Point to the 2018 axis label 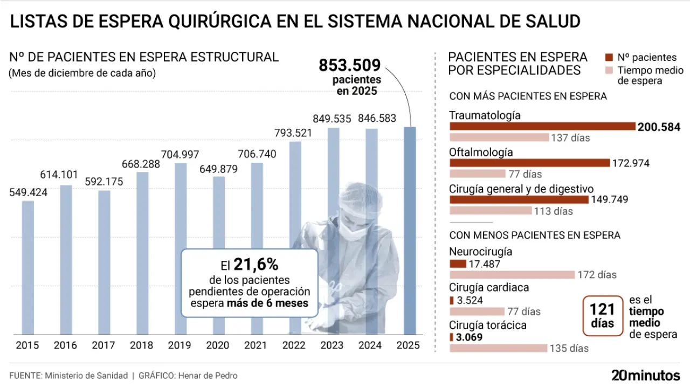click(x=142, y=345)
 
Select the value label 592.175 click(x=104, y=182)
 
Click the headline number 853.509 click(x=350, y=65)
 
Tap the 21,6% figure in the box click(x=256, y=264)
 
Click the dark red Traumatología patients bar click(x=542, y=127)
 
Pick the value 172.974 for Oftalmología click(x=631, y=163)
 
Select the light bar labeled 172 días click(x=512, y=275)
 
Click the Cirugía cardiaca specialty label click(x=489, y=288)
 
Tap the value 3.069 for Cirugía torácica click(x=469, y=337)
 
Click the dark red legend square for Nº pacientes click(x=610, y=58)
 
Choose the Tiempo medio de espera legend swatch click(x=610, y=71)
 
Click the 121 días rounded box click(x=602, y=316)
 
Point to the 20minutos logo click(x=645, y=375)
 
